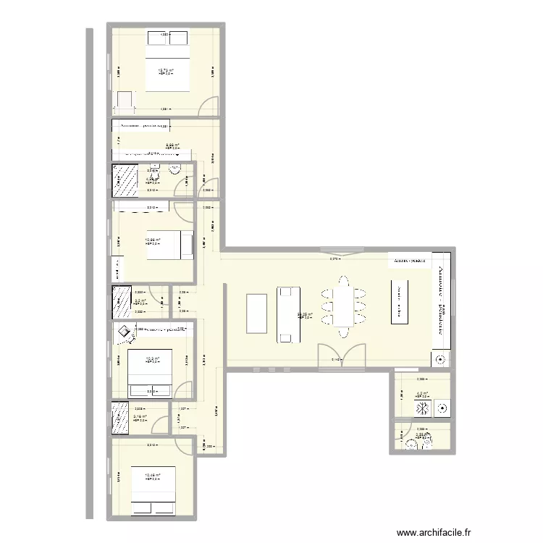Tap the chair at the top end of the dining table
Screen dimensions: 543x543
(x=340, y=279)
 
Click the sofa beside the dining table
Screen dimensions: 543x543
(x=288, y=313)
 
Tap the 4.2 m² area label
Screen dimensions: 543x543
(x=421, y=395)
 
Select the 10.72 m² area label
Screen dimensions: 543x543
(x=166, y=71)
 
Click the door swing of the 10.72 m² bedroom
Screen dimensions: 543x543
(x=207, y=106)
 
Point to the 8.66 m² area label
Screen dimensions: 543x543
(x=172, y=145)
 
